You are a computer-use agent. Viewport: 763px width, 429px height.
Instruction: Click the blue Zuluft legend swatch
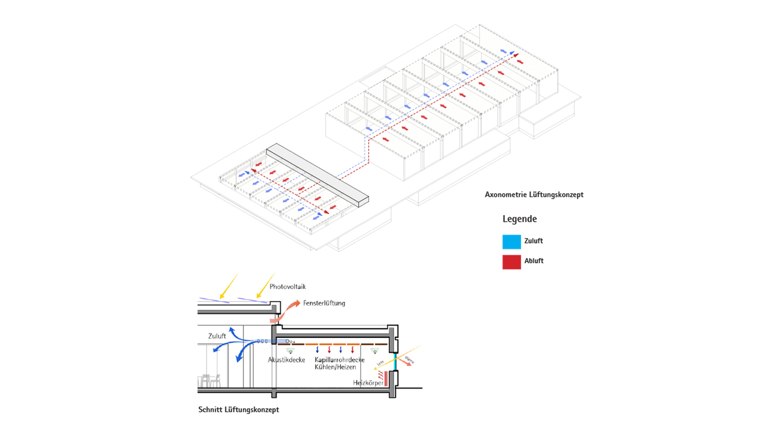pyautogui.click(x=511, y=241)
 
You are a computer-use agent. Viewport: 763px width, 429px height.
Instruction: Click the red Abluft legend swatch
pyautogui.click(x=511, y=261)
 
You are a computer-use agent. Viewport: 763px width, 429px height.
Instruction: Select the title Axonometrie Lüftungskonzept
pyautogui.click(x=534, y=195)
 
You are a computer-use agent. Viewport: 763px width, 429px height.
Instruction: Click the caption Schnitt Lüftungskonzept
pyautogui.click(x=239, y=409)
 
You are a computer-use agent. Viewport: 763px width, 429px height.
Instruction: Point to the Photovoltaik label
pyautogui.click(x=288, y=287)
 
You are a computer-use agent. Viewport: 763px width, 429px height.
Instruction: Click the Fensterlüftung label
pyautogui.click(x=324, y=303)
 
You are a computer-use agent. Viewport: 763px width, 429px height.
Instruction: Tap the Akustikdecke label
pyautogui.click(x=287, y=360)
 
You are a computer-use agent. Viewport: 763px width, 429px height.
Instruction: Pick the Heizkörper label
pyautogui.click(x=368, y=383)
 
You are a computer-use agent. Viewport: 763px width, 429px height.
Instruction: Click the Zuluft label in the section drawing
pyautogui.click(x=217, y=336)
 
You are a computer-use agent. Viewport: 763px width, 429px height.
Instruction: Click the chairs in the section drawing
pyautogui.click(x=211, y=381)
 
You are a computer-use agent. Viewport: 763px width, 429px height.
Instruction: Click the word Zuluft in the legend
pyautogui.click(x=533, y=241)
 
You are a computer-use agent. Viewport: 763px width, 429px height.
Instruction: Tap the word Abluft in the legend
pyautogui.click(x=533, y=261)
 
